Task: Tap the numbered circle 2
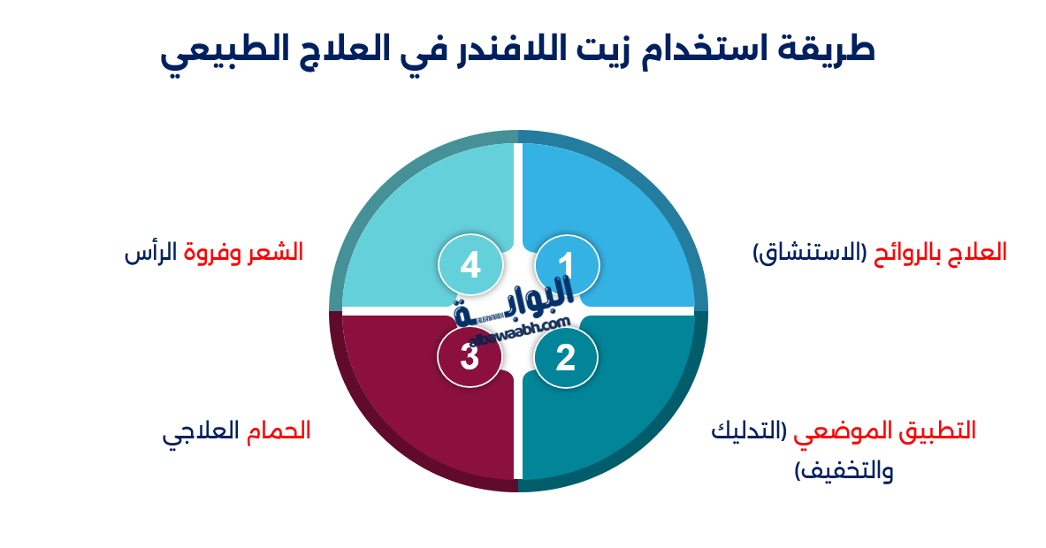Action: click(x=566, y=357)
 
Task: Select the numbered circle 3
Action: click(x=470, y=357)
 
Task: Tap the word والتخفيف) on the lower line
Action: click(x=844, y=470)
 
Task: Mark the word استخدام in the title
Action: click(x=724, y=49)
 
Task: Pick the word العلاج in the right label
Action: click(x=977, y=253)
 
